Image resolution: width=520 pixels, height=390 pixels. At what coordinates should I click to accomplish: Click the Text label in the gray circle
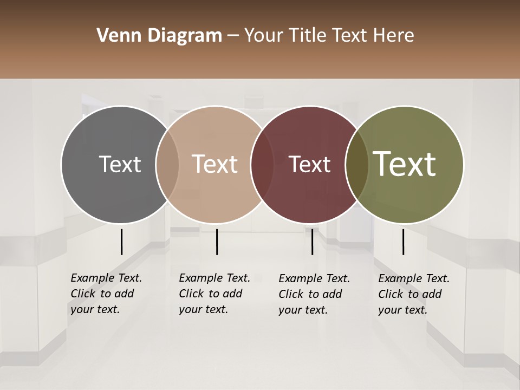(x=120, y=164)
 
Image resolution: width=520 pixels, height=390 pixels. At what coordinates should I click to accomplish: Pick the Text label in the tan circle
(x=215, y=164)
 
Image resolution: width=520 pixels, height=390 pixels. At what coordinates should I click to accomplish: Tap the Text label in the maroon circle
(x=309, y=164)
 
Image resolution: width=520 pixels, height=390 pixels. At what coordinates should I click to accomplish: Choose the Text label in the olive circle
(x=405, y=164)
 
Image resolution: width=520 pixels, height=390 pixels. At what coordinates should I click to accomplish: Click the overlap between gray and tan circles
(x=167, y=165)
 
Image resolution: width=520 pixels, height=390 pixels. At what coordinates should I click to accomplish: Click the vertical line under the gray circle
(x=121, y=242)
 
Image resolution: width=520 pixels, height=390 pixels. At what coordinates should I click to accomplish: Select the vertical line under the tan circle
(x=217, y=242)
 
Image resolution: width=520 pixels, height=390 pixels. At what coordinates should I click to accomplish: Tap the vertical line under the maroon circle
(x=312, y=242)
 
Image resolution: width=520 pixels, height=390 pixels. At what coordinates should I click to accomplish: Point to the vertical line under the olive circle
(x=403, y=242)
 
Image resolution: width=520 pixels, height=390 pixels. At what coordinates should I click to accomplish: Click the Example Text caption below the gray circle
(x=106, y=294)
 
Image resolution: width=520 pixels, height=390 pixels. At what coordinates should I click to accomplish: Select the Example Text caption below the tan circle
(x=214, y=294)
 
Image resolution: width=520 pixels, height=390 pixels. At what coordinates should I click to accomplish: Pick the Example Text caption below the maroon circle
(x=314, y=294)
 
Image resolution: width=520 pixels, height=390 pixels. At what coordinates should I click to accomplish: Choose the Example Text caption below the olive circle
(x=414, y=294)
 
